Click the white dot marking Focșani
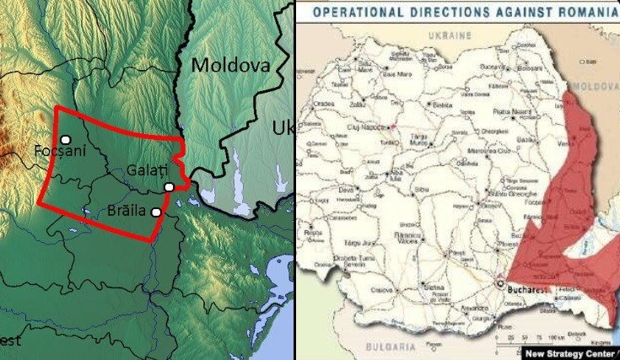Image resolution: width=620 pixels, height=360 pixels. (65, 139)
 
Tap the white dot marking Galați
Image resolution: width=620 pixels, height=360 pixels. (170, 186)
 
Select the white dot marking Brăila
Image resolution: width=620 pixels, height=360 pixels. (156, 212)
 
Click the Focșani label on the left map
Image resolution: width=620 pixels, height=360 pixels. (61, 152)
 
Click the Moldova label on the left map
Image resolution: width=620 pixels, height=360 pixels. (229, 65)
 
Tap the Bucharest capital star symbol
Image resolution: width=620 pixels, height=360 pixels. (504, 284)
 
